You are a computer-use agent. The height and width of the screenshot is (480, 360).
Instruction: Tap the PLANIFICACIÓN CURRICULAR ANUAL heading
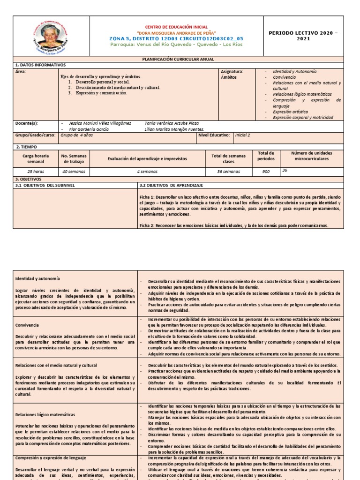[178, 60]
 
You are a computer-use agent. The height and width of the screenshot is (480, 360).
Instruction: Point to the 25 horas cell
[35, 172]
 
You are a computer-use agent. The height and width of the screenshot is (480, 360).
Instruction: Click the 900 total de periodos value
[266, 172]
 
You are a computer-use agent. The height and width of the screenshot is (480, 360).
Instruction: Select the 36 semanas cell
[228, 172]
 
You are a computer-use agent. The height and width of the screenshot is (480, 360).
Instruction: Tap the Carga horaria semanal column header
[35, 158]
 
